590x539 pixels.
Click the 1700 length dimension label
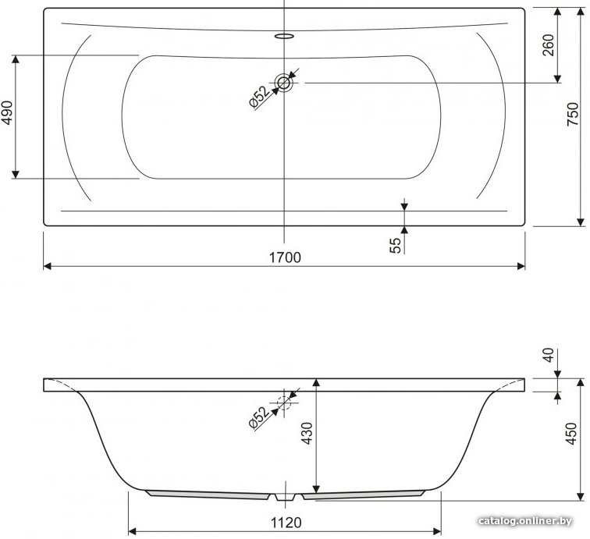point(285,257)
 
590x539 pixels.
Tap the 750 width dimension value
point(572,114)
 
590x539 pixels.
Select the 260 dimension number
point(549,44)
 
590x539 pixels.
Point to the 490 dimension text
point(8,112)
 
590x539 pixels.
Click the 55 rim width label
point(395,246)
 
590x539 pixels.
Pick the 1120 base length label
point(286,523)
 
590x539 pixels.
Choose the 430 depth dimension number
point(307,434)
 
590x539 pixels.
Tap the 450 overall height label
point(571,434)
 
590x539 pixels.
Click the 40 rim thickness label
point(549,355)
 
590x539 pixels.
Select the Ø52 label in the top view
point(260,97)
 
